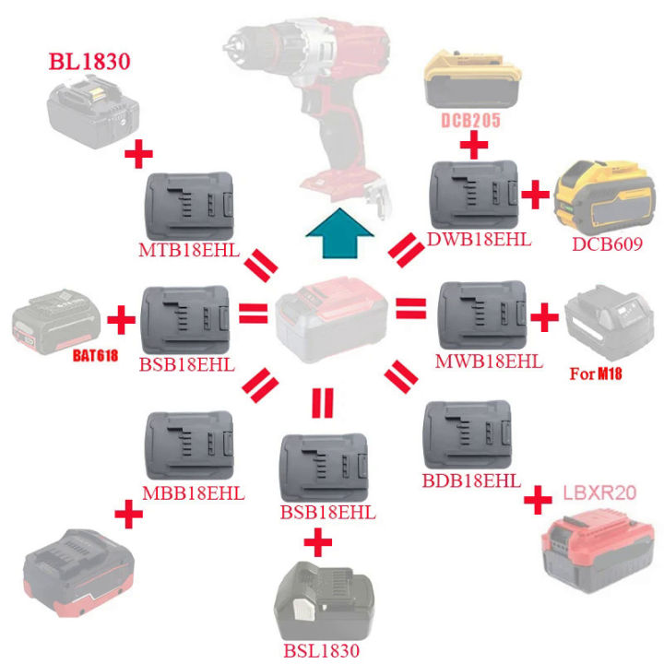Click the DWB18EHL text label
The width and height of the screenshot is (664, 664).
(x=479, y=240)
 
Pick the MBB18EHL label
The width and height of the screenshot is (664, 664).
(x=195, y=492)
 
